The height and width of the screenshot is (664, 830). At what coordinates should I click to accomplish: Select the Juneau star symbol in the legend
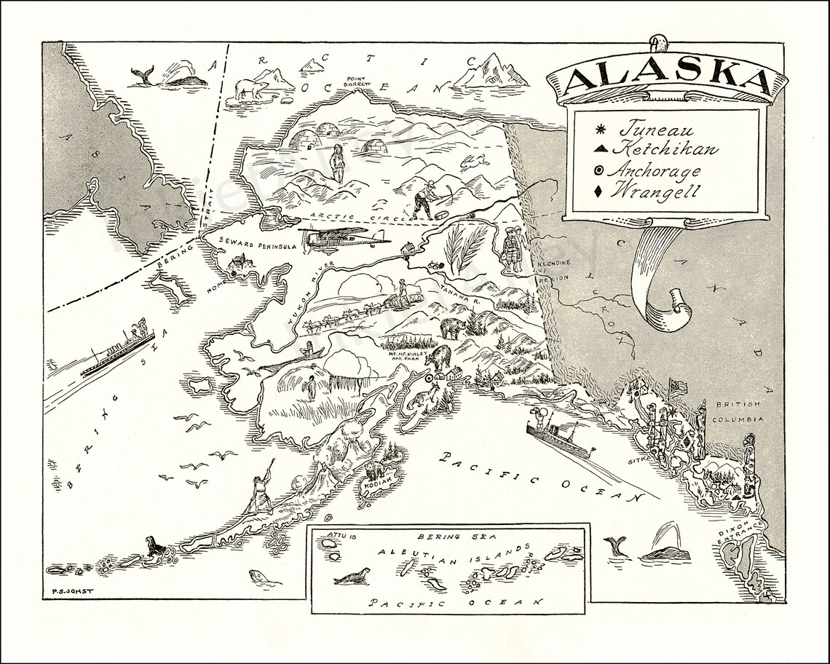coord(601,132)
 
